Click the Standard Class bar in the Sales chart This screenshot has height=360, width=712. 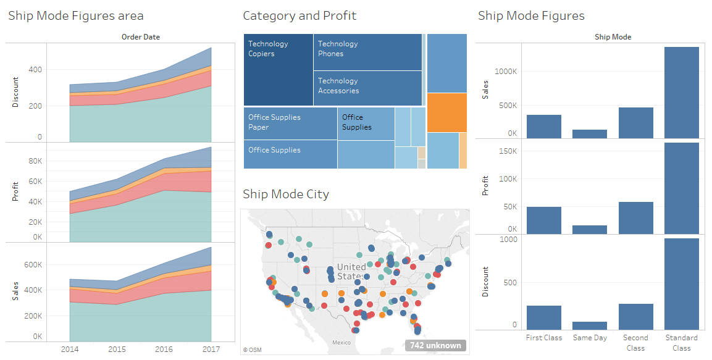coord(681,93)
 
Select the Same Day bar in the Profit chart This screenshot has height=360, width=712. coord(590,229)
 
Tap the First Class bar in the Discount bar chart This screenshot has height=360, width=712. coord(543,317)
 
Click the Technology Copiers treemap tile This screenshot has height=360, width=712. coord(278,70)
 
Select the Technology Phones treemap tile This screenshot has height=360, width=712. coord(368,52)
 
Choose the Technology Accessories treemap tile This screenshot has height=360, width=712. coord(368,88)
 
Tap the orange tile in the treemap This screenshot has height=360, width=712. coord(446,112)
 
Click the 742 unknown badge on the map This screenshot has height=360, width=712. coord(435,345)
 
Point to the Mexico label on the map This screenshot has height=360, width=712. coord(341,342)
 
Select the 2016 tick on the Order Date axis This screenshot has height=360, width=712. coord(164,349)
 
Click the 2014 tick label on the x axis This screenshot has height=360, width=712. coord(70,349)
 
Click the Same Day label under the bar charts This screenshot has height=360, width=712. coord(590,338)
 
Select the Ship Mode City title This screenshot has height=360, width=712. coord(286,194)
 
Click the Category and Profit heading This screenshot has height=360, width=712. coord(299,16)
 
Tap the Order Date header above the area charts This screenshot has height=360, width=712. coord(140,37)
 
